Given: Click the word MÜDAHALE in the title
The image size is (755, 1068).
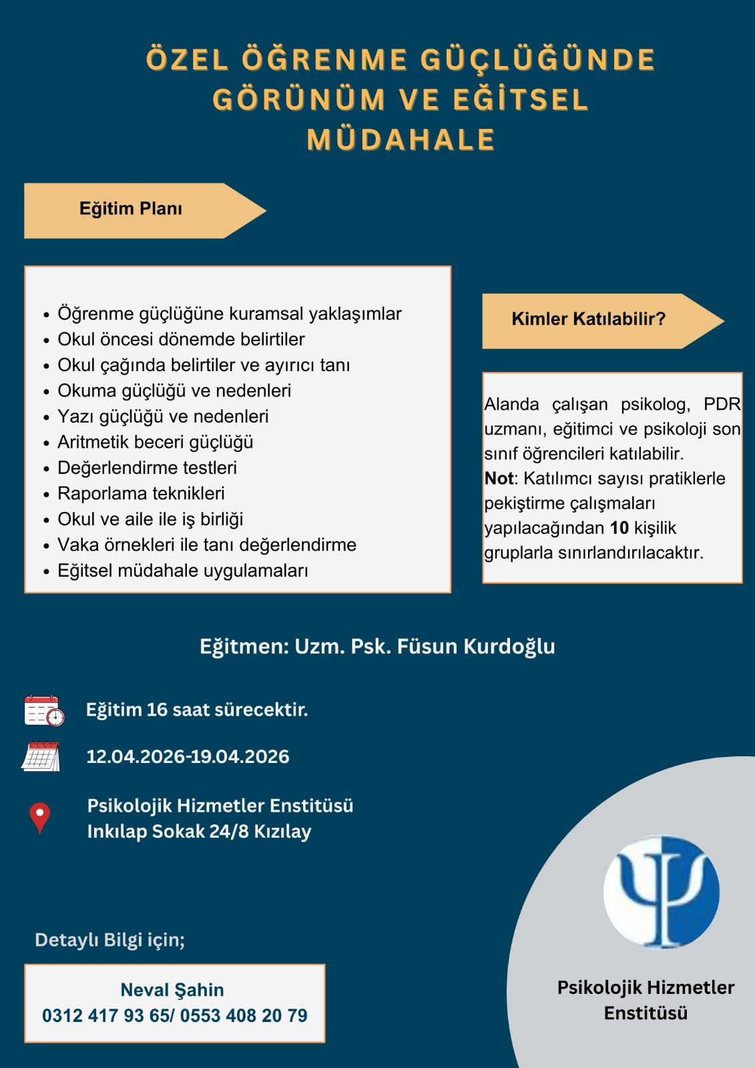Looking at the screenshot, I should click(x=401, y=140).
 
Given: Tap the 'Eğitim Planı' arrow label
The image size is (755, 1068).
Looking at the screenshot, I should click(x=131, y=209).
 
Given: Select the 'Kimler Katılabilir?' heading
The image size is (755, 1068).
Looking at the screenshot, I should click(x=588, y=319).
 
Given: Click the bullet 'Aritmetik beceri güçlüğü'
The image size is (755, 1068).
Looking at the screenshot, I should click(x=155, y=442).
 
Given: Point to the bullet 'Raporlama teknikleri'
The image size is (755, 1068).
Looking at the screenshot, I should click(x=141, y=493).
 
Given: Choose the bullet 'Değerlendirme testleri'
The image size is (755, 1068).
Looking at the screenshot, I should click(x=147, y=468).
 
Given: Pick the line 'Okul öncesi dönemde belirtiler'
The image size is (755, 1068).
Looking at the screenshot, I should click(x=181, y=339).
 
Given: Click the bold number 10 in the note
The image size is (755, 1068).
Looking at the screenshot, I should click(x=619, y=528).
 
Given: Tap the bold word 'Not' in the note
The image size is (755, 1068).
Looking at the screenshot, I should click(x=499, y=479).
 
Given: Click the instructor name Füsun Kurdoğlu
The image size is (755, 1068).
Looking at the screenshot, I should click(x=476, y=646).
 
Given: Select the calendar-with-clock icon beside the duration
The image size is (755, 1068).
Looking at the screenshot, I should click(x=44, y=710).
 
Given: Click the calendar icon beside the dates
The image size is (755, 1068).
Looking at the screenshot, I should click(x=41, y=757).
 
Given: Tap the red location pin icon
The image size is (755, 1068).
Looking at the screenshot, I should click(x=40, y=818).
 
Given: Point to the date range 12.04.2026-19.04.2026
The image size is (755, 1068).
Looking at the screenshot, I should click(x=188, y=757).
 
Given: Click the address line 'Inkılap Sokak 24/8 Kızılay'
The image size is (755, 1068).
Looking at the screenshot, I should click(x=199, y=832).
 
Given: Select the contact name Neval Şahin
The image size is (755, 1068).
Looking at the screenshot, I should click(x=172, y=990).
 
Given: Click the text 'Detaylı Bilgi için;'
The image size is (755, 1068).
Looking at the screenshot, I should click(x=109, y=940).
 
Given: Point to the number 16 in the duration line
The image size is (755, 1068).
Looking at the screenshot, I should click(x=157, y=710).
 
